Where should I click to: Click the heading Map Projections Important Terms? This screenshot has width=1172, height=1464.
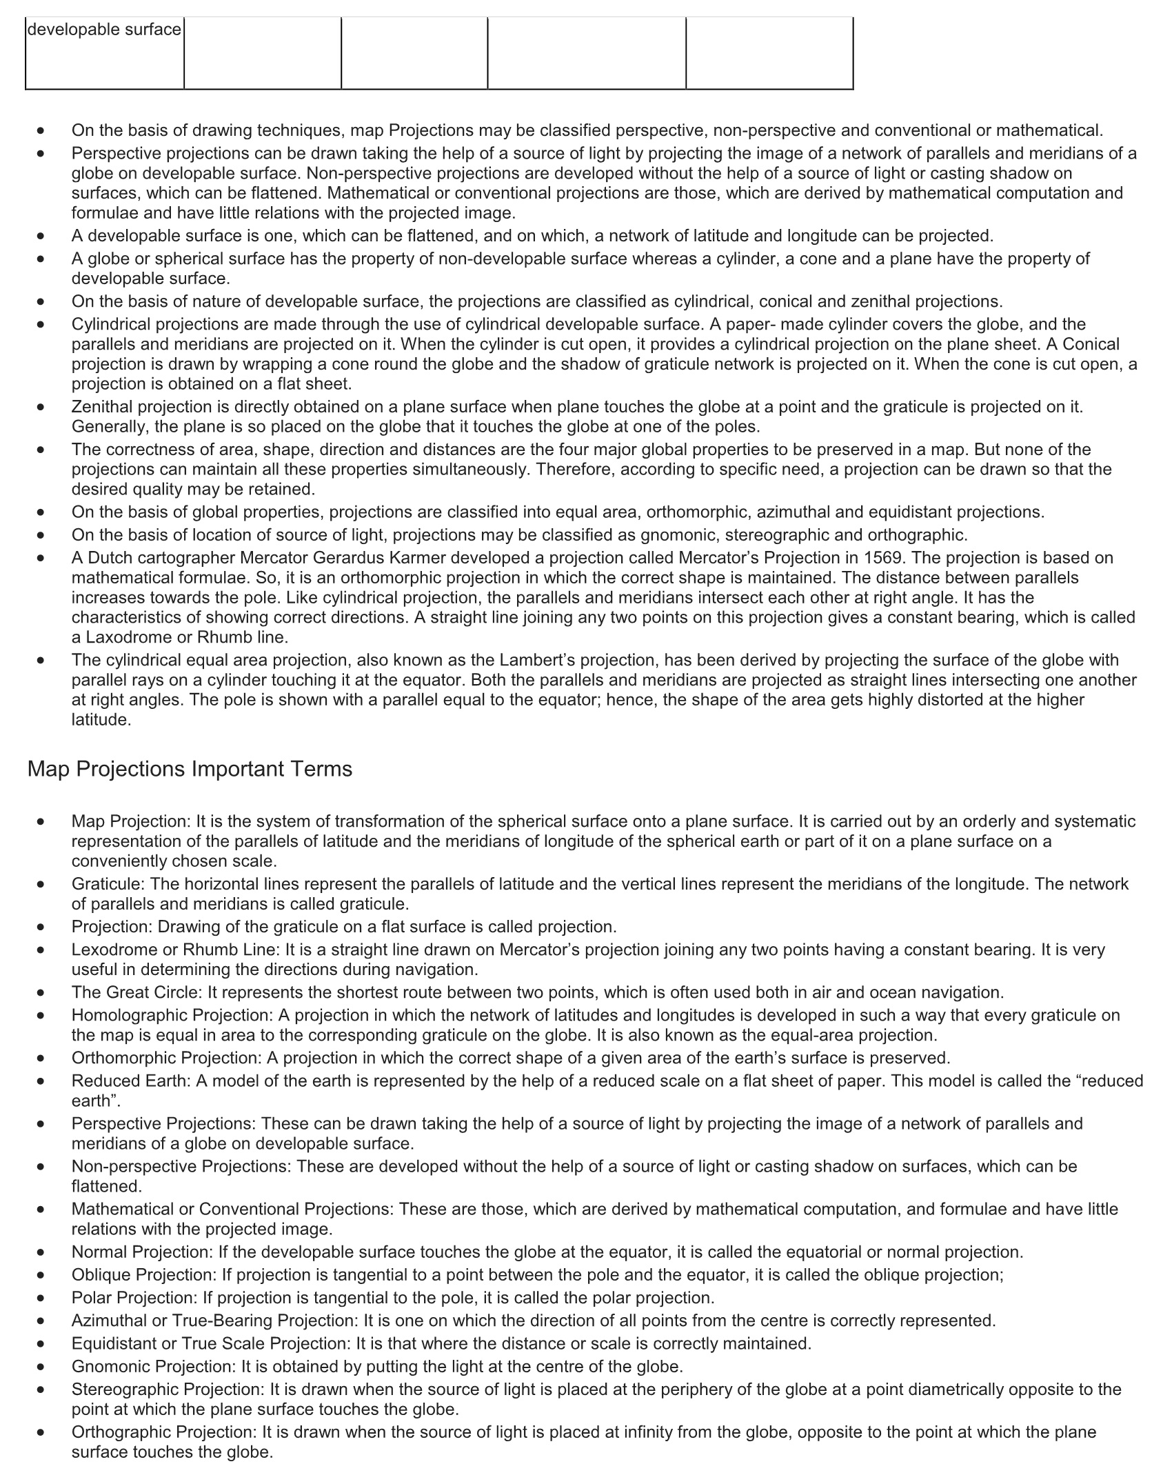point(190,769)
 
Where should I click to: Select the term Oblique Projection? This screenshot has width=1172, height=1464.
point(141,1274)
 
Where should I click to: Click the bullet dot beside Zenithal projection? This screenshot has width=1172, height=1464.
point(42,408)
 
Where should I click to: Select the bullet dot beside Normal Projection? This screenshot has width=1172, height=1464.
point(42,1252)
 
